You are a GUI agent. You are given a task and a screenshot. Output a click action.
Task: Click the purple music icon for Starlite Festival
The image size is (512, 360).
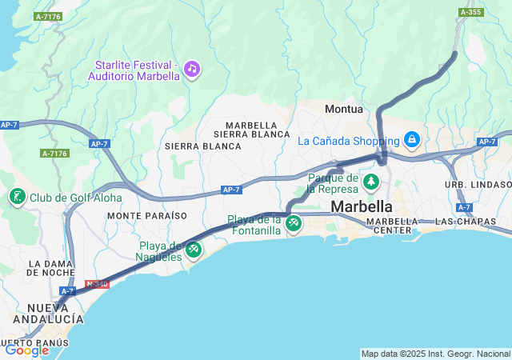tap(191, 69)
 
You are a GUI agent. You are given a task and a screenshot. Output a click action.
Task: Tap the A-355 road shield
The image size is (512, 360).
tap(470, 12)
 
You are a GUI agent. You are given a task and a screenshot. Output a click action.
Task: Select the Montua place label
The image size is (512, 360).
tap(344, 109)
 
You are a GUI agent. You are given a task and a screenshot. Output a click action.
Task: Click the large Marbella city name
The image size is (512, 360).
tap(362, 206)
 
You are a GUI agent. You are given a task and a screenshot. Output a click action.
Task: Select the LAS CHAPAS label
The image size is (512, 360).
tap(459, 221)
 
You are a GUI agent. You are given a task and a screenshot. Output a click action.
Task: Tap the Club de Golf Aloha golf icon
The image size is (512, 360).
tap(17, 198)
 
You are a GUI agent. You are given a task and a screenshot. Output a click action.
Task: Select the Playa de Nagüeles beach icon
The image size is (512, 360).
tap(193, 250)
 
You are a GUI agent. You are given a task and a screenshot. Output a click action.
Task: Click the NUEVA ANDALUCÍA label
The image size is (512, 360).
tap(54, 313)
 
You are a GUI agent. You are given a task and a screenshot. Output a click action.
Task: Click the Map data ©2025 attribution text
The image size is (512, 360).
tap(435, 354)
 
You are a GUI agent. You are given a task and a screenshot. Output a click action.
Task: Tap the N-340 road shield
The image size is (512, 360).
tap(97, 284)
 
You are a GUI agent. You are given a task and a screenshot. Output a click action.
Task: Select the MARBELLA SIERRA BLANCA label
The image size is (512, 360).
tap(257, 130)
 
